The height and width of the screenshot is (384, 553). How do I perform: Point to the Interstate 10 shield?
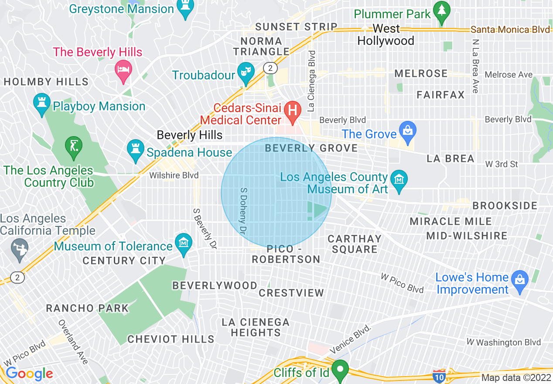(x=439, y=375)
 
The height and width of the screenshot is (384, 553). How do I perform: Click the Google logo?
(x=29, y=374)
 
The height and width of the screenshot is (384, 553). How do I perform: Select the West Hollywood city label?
(x=386, y=35)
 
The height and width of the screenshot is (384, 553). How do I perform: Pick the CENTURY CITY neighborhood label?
(x=124, y=261)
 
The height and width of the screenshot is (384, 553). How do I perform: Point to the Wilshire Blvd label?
(x=174, y=175)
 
